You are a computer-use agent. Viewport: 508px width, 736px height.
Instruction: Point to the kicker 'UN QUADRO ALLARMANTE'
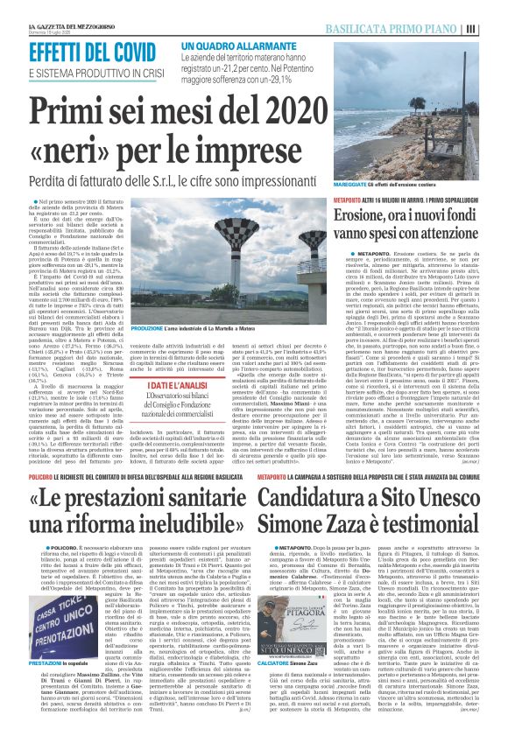(x=236, y=44)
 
